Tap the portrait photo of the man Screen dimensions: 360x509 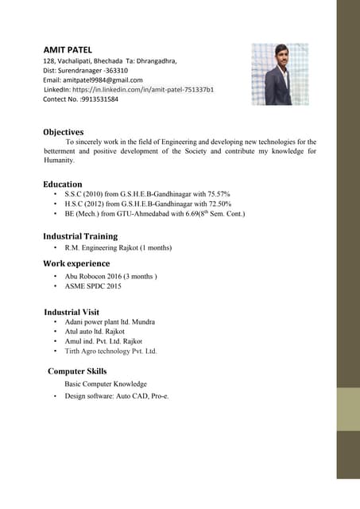coord(280,74)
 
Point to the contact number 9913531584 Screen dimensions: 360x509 coord(93,99)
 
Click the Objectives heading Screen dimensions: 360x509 coord(64,131)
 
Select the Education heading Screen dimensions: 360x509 coord(63,184)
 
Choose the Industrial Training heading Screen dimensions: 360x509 coord(80,236)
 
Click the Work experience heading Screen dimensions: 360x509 coord(76,263)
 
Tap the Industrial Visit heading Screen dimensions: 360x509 coord(72,312)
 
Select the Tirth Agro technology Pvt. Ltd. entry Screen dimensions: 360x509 coord(110,351)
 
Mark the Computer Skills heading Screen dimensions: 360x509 coord(77,371)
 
